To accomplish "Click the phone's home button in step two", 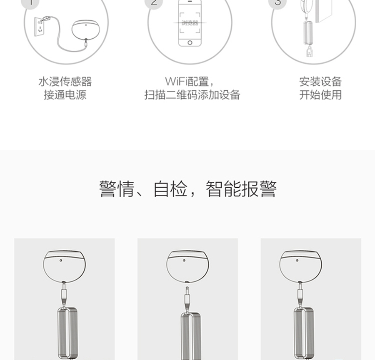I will pyautogui.click(x=190, y=42).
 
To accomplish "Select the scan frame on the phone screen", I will pyautogui.click(x=190, y=21).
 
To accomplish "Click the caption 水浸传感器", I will pyautogui.click(x=65, y=82).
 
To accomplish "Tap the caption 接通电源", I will pyautogui.click(x=65, y=95).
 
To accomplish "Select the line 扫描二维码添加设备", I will pyautogui.click(x=192, y=95).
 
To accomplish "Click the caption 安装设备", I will pyautogui.click(x=320, y=82).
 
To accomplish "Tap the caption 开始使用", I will pyautogui.click(x=320, y=95).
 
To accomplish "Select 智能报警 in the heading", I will pyautogui.click(x=241, y=189).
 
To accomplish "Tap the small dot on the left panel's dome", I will pyautogui.click(x=61, y=261).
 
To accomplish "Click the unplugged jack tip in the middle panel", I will pyautogui.click(x=187, y=292).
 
